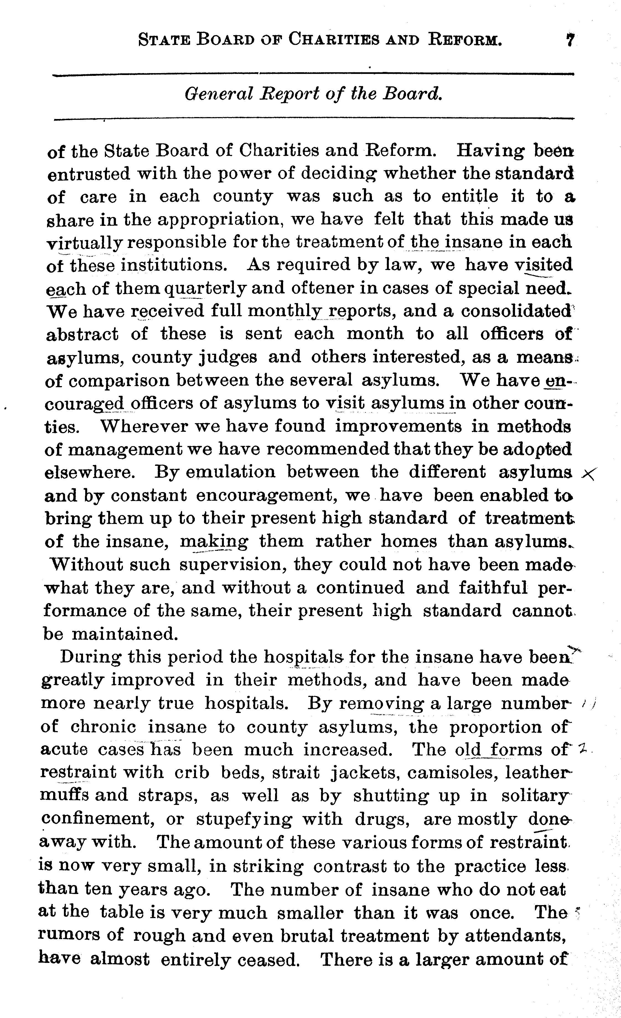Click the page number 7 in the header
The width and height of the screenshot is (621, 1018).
click(571, 40)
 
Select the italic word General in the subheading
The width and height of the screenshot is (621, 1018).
click(218, 95)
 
